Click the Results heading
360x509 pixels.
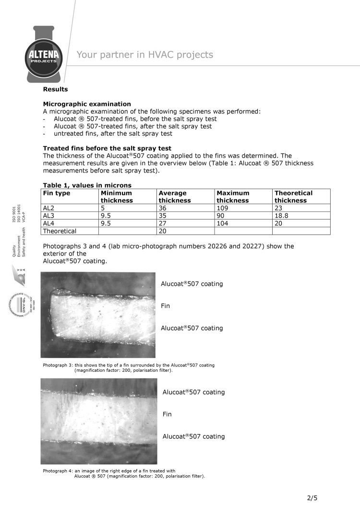(55, 89)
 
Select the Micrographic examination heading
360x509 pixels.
(87, 104)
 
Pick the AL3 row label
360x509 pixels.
(49, 215)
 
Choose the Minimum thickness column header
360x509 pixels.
(116, 197)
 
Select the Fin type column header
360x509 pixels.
(57, 193)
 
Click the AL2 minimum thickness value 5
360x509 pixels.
(103, 208)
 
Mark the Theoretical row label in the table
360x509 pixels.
(60, 231)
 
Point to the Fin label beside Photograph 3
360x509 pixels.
(165, 306)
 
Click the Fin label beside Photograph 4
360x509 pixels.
(167, 414)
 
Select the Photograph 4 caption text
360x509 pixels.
(124, 473)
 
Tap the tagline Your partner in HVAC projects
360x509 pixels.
(144, 55)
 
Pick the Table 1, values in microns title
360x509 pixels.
(87, 185)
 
